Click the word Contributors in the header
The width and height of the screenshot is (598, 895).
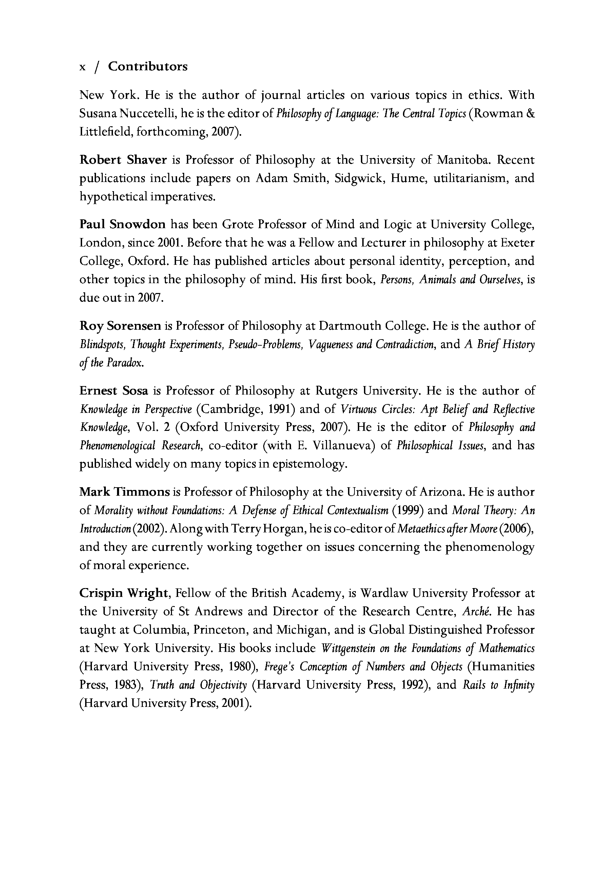click(148, 67)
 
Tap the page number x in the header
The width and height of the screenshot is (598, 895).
click(82, 67)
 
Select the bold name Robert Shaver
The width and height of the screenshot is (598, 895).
click(123, 160)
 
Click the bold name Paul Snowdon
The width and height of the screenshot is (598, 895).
click(122, 224)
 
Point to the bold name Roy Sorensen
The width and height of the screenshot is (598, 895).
click(120, 326)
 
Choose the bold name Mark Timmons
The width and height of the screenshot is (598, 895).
click(124, 492)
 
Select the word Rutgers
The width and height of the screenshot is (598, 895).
click(336, 390)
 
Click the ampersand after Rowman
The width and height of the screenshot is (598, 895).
click(531, 113)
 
